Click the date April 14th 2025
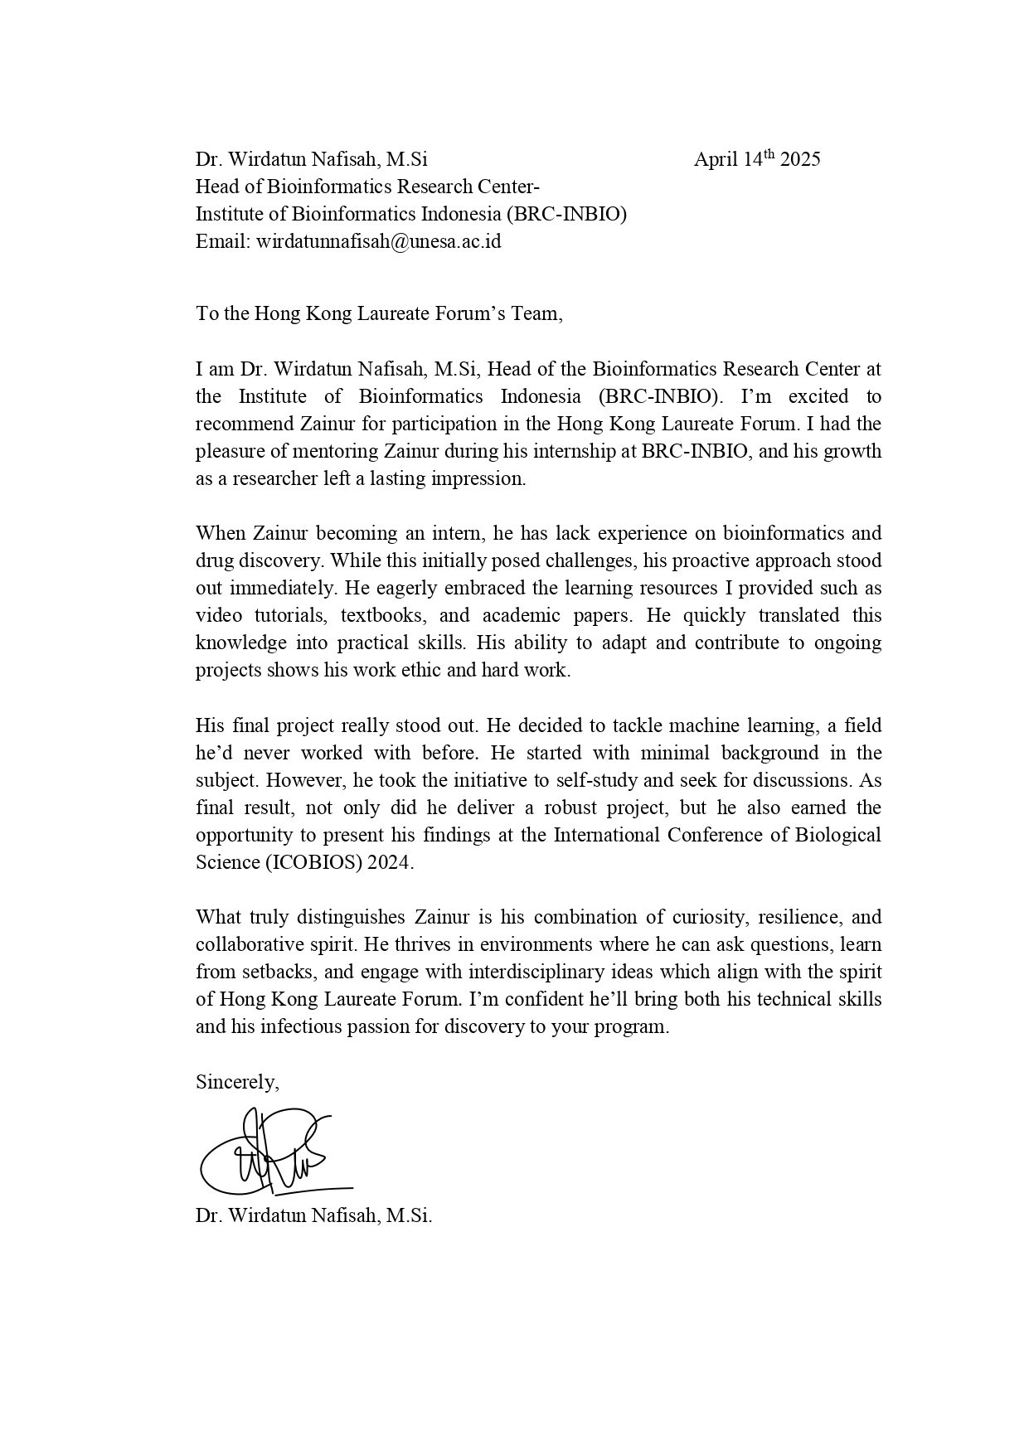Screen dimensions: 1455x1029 (x=756, y=159)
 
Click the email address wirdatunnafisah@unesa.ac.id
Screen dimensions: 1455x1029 (x=378, y=242)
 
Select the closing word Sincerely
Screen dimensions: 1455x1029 (x=236, y=1082)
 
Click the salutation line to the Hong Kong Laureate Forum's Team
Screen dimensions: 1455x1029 (x=379, y=313)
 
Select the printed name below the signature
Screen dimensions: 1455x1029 (x=313, y=1216)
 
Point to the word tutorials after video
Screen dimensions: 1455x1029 (x=290, y=616)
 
